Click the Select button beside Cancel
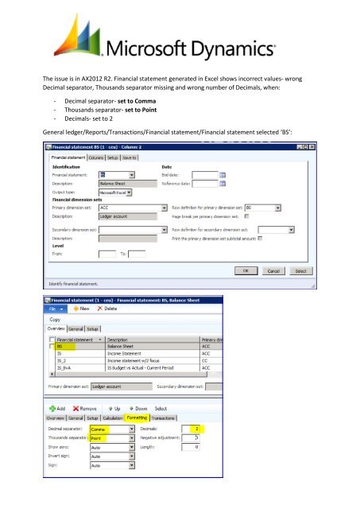point(299,270)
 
